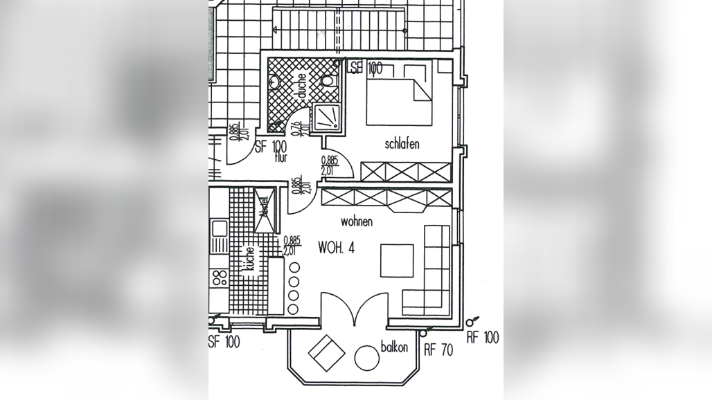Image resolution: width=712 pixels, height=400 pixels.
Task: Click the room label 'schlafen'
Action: pyautogui.click(x=402, y=145)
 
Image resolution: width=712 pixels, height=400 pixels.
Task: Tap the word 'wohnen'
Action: pyautogui.click(x=357, y=221)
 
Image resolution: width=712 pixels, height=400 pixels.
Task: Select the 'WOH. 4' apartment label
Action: pyautogui.click(x=337, y=248)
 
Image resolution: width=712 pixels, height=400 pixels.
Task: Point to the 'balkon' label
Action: pyautogui.click(x=394, y=347)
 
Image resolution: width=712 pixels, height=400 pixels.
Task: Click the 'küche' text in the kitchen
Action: pyautogui.click(x=248, y=260)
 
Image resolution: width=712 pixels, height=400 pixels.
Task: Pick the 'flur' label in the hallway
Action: pyautogui.click(x=281, y=158)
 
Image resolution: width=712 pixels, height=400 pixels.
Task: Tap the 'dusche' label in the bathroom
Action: pyautogui.click(x=302, y=87)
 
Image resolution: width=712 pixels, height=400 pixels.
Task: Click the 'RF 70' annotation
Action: pyautogui.click(x=438, y=350)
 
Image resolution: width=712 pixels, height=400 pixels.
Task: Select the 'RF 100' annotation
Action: pyautogui.click(x=482, y=338)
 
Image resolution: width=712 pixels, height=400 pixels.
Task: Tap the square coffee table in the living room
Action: pyautogui.click(x=398, y=260)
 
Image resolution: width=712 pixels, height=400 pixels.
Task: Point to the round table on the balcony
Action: pyautogui.click(x=366, y=358)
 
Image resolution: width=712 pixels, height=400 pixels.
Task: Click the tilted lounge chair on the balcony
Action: pyautogui.click(x=327, y=352)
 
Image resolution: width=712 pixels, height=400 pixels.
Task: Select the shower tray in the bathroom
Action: pyautogui.click(x=327, y=118)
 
